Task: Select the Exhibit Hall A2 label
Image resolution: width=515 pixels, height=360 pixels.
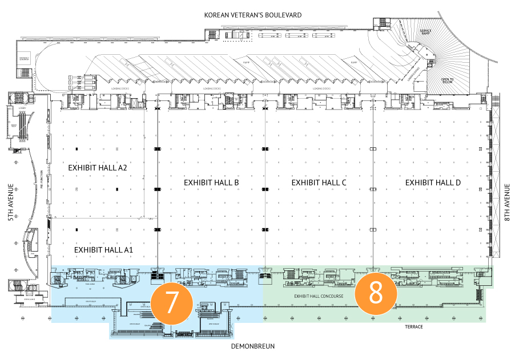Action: (97, 168)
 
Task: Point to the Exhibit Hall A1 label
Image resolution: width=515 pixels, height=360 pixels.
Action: (104, 250)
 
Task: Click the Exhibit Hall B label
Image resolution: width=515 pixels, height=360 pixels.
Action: (211, 182)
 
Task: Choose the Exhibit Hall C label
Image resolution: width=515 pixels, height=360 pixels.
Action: (319, 182)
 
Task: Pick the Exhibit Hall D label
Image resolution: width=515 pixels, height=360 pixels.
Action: (433, 182)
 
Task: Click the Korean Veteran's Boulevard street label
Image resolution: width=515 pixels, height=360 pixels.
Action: (252, 14)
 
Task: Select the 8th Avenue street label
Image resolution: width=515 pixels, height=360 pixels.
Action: (508, 203)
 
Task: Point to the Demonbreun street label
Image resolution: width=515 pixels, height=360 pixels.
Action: (253, 346)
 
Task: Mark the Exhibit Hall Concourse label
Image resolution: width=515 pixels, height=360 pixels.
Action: (319, 297)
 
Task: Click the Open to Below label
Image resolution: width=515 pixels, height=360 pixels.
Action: (448, 82)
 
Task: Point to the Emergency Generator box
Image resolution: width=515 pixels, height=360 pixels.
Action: (24, 58)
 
